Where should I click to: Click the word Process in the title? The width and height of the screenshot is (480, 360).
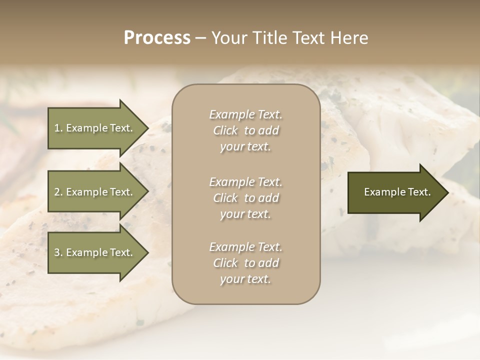157,38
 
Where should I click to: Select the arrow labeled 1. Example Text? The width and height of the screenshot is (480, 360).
95,128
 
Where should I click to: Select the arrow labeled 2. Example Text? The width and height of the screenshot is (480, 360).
95,192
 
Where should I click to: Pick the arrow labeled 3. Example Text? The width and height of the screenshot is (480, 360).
95,252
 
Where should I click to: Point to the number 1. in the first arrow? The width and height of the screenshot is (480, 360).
58,128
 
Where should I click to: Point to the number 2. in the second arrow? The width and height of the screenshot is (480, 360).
58,192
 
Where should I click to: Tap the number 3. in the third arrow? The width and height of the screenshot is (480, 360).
58,252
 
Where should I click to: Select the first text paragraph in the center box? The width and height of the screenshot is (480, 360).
245,130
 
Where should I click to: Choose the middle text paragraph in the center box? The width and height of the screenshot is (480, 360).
245,198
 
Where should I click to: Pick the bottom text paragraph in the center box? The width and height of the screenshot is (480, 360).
245,263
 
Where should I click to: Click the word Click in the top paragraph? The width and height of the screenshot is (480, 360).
225,130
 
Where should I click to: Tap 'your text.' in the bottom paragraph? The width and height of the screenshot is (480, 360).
245,279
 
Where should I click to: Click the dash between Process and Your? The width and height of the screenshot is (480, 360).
200,38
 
